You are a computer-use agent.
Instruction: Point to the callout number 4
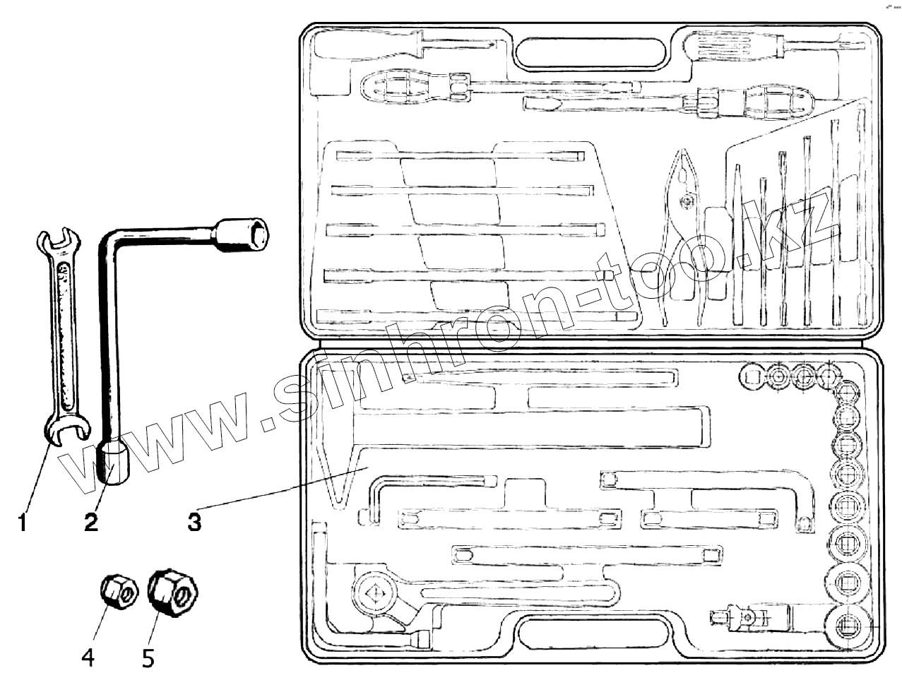tap(88, 657)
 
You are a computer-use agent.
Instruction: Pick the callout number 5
tap(148, 657)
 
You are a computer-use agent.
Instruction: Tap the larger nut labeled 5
tap(173, 592)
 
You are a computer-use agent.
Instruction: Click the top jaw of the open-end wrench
tap(57, 242)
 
